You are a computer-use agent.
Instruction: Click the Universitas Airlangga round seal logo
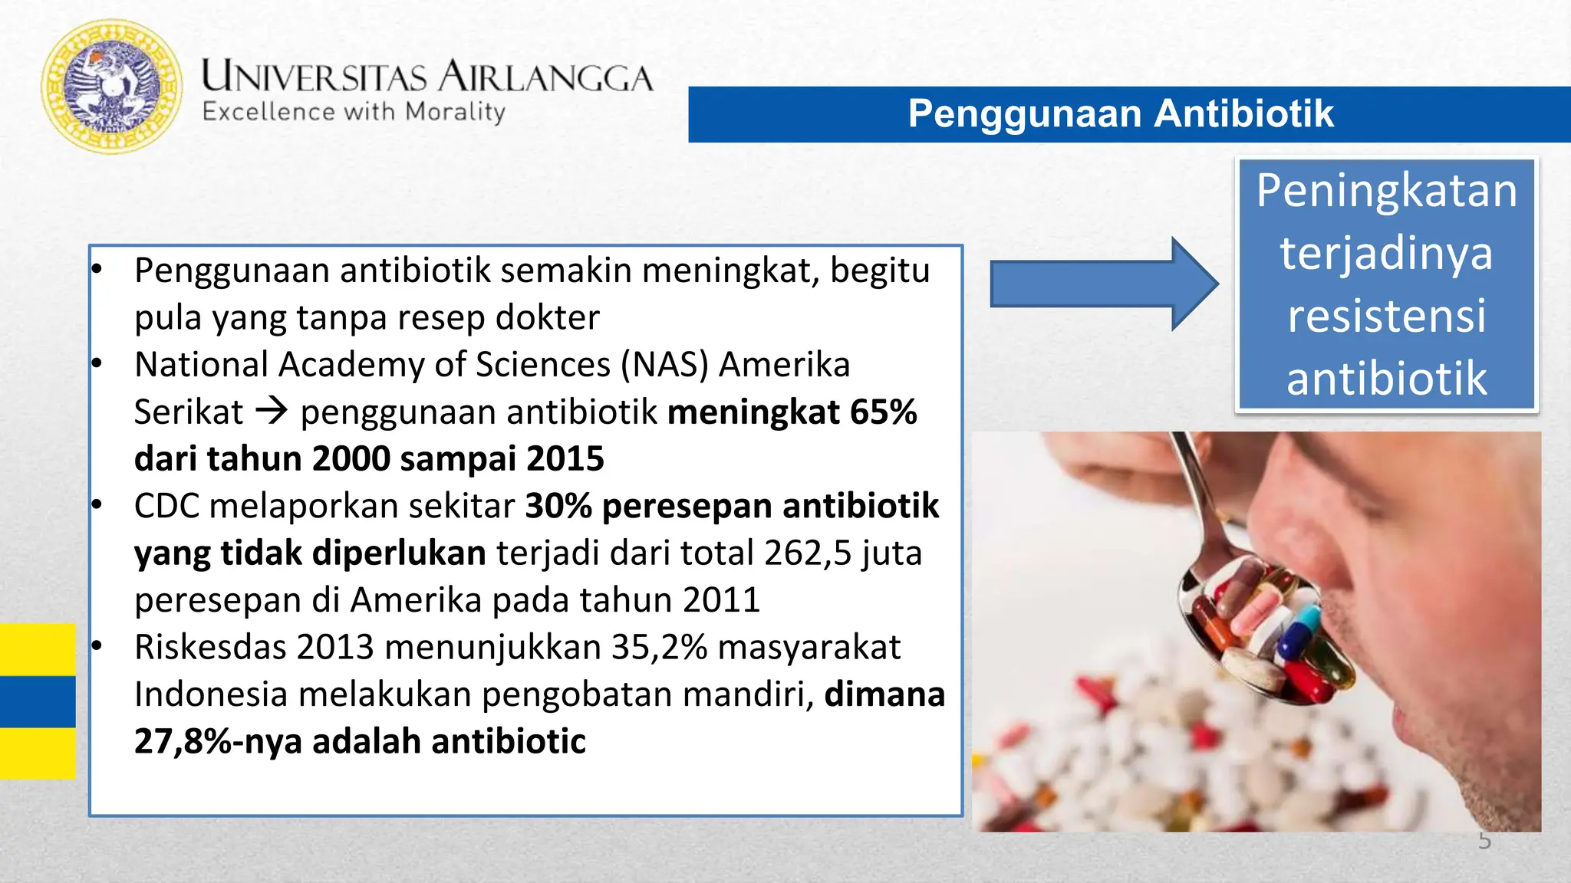click(x=112, y=86)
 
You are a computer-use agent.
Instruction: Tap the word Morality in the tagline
click(x=456, y=112)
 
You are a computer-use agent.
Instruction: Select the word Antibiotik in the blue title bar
click(x=1243, y=113)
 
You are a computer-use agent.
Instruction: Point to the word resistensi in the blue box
click(x=1386, y=316)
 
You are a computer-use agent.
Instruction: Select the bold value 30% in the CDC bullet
click(x=558, y=506)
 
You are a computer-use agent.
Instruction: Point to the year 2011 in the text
click(x=721, y=600)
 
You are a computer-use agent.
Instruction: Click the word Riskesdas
click(x=210, y=647)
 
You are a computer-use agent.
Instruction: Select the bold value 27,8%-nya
click(x=218, y=741)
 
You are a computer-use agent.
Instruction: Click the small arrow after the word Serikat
click(x=272, y=412)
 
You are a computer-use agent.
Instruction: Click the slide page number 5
click(x=1484, y=842)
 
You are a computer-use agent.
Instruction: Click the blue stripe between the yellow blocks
click(x=38, y=701)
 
